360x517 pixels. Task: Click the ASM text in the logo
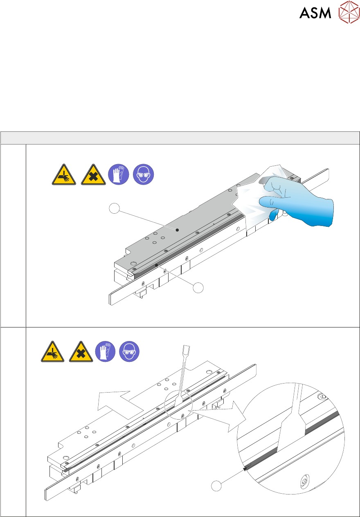[315, 13]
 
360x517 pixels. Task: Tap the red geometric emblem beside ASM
[349, 12]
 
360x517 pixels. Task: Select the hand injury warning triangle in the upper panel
[64, 175]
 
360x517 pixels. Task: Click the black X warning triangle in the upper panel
[93, 175]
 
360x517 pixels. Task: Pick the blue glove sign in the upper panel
[119, 174]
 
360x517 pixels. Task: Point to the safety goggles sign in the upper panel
[144, 174]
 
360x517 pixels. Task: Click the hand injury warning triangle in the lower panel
[53, 352]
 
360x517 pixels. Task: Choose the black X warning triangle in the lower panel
[81, 352]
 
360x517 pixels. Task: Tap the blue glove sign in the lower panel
[106, 352]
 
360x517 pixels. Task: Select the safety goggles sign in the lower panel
[129, 352]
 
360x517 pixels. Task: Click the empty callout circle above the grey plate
[114, 208]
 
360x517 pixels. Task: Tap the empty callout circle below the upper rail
[198, 288]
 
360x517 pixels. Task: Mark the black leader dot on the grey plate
[177, 230]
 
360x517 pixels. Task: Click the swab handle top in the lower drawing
[186, 348]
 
